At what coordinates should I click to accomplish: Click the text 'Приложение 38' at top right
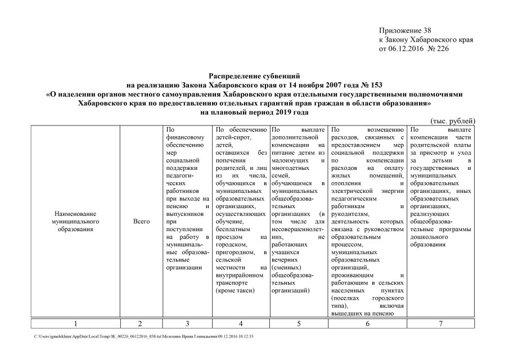(405, 30)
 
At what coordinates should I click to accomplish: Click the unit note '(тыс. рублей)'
(453, 121)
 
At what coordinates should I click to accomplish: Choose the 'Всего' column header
(141, 222)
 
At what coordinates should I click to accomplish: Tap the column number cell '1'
(75, 323)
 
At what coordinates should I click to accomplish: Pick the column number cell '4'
(241, 323)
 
